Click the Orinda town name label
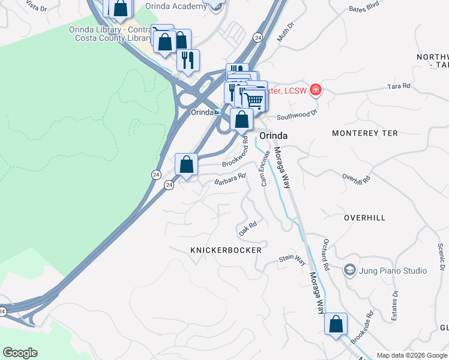click(x=273, y=136)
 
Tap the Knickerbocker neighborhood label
click(x=226, y=250)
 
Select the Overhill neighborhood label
click(x=365, y=218)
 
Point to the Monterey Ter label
click(x=364, y=133)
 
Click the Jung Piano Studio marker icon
click(x=349, y=271)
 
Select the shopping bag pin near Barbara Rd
click(x=186, y=164)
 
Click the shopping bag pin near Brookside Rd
click(x=336, y=324)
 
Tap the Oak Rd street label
click(x=248, y=228)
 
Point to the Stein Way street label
click(x=292, y=261)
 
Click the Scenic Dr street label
click(x=441, y=256)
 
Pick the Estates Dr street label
click(x=395, y=305)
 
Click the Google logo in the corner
click(x=20, y=353)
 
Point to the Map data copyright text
click(x=412, y=355)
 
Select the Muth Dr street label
click(x=285, y=32)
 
